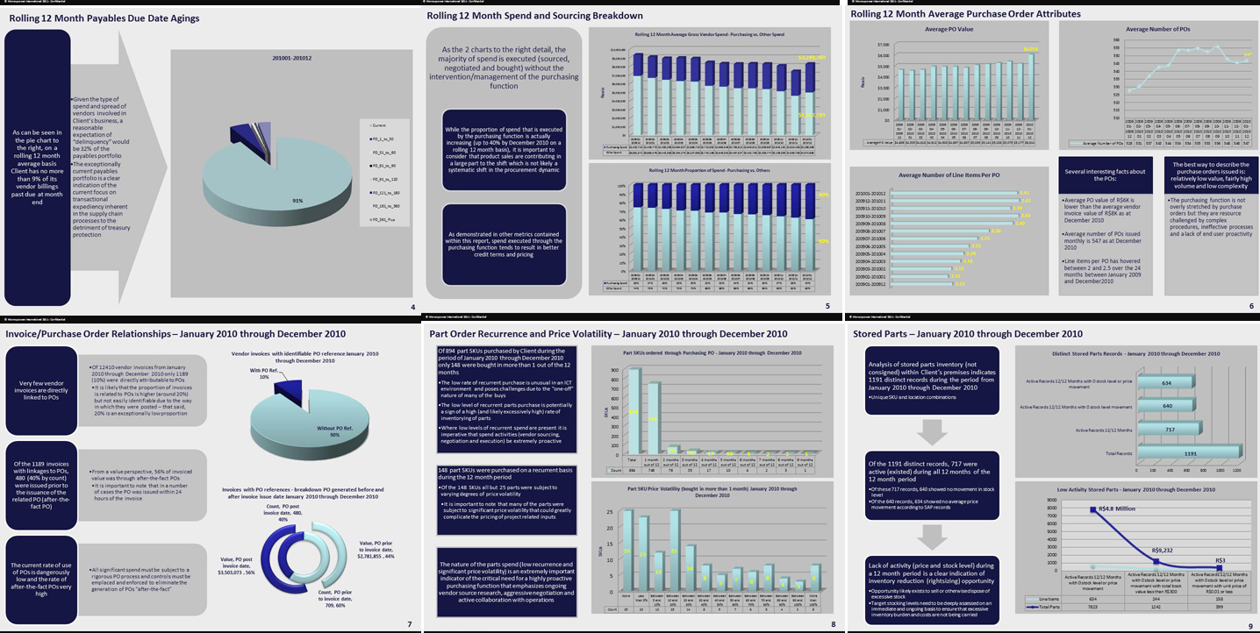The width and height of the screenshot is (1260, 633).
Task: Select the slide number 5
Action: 827,306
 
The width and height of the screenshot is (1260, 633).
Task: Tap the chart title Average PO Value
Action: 949,29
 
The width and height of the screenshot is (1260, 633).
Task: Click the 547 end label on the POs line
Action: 1247,54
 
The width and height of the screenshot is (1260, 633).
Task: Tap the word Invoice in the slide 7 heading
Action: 25,333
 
